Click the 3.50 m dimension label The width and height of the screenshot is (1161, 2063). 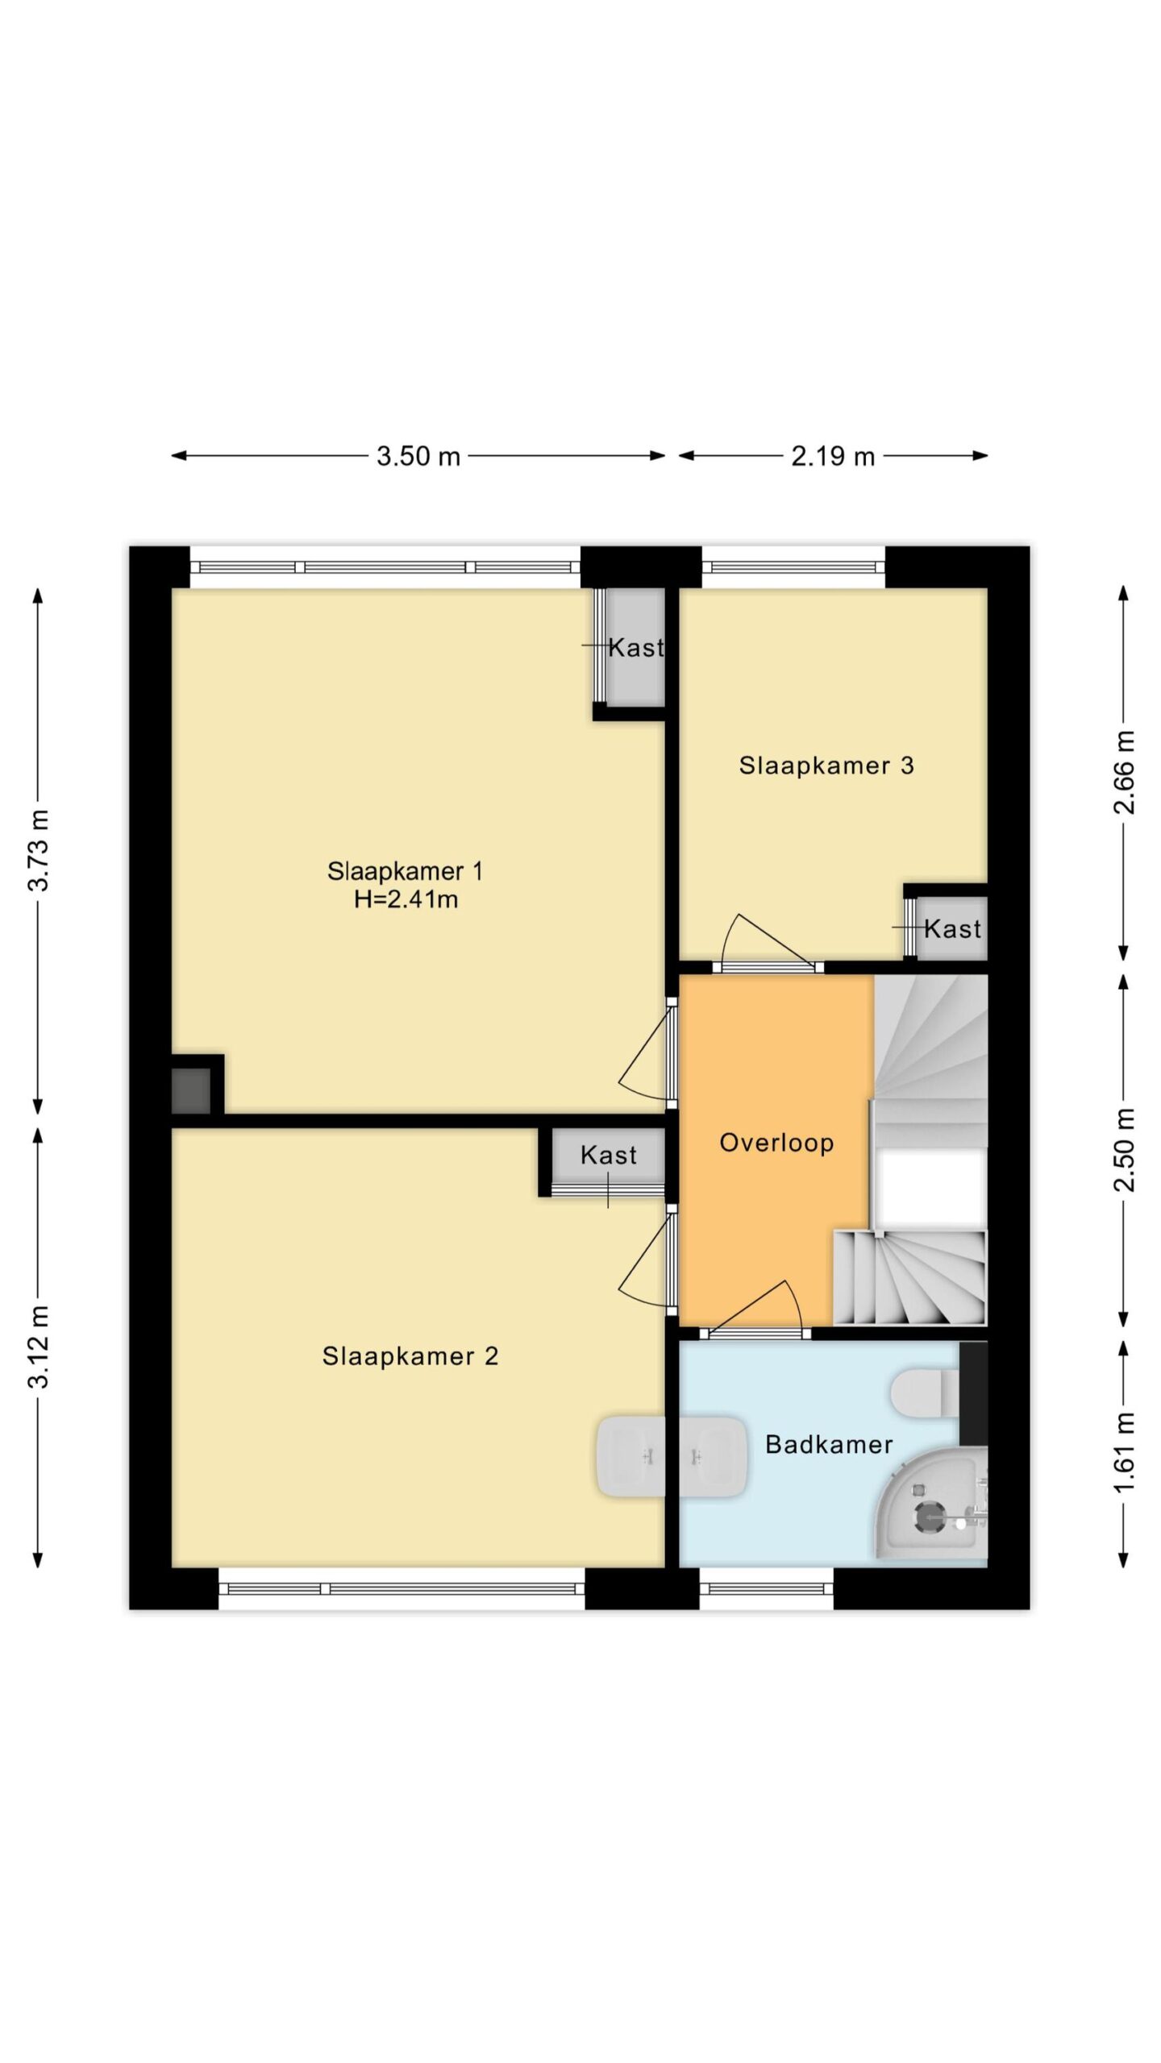tap(418, 456)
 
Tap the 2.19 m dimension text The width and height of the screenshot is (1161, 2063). tap(832, 456)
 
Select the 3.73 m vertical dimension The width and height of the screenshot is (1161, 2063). tap(38, 850)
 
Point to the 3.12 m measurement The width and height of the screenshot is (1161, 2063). tap(38, 1347)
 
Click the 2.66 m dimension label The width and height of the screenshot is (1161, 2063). tap(1124, 772)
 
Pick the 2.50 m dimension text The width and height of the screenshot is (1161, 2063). tap(1124, 1150)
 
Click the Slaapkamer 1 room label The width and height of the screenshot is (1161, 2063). tap(405, 871)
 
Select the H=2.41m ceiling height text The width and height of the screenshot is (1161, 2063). tap(406, 899)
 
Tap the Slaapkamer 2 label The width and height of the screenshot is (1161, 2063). tap(410, 1356)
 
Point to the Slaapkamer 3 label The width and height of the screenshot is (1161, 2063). tap(826, 766)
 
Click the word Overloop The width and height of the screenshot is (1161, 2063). tap(776, 1143)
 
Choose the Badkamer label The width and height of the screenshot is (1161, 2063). tap(829, 1444)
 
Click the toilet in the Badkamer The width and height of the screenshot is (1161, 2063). tap(925, 1392)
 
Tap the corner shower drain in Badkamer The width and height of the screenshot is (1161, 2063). tap(930, 1517)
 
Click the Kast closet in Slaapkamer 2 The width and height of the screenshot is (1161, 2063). tap(608, 1155)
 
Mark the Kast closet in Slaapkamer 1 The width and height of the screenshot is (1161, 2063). tap(635, 647)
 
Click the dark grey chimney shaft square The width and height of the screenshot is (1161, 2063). tap(191, 1090)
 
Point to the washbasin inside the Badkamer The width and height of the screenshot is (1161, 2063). tap(714, 1457)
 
